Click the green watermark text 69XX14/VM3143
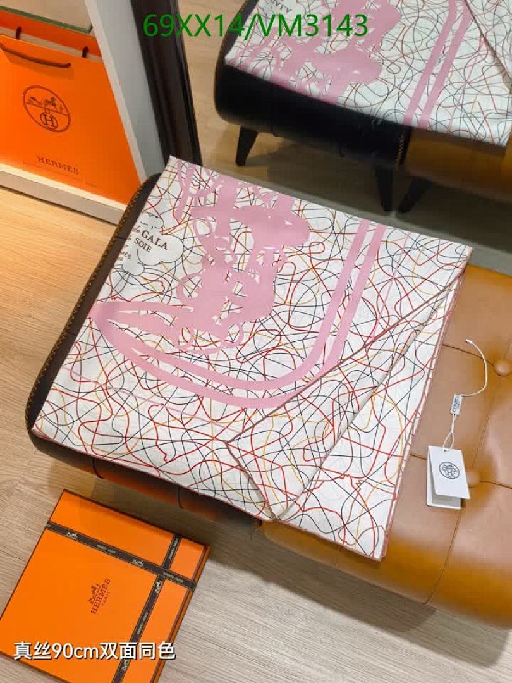click(x=255, y=26)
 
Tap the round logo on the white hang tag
click(x=449, y=469)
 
